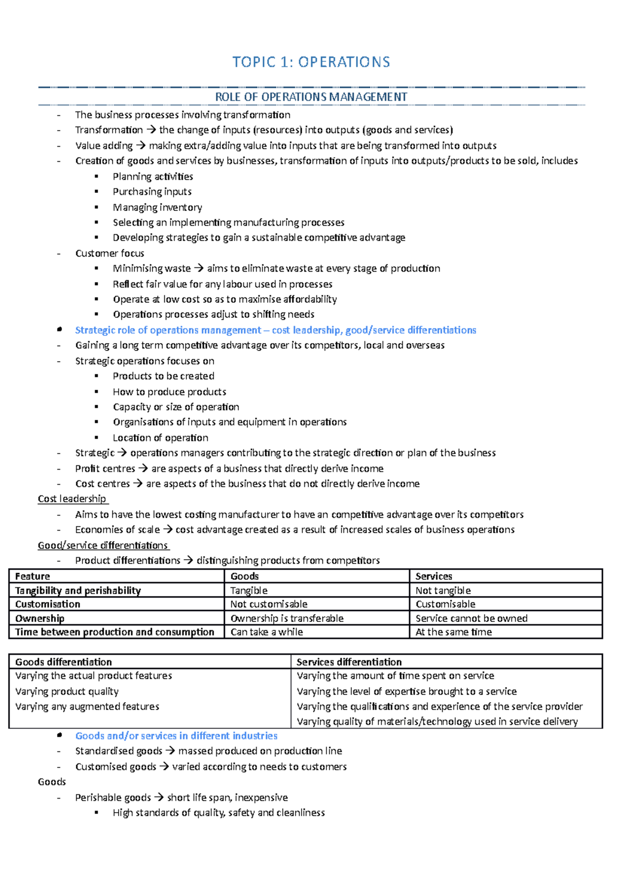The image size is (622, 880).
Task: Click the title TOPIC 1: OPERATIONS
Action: coord(311,62)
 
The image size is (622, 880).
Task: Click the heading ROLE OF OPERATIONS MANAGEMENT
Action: coord(311,97)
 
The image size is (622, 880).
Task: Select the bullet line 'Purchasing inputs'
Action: coord(152,192)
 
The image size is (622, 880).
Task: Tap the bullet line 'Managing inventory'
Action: coord(157,207)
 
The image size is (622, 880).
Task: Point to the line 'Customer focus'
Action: coord(109,253)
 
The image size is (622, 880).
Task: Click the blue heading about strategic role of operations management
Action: coord(275,330)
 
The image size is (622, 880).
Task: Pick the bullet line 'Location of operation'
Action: coord(160,438)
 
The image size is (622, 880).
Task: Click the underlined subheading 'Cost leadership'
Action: coord(72,499)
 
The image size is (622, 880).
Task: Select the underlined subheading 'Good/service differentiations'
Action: coord(103,545)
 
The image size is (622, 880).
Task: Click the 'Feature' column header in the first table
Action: coord(32,576)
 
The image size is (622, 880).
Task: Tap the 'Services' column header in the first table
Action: coord(433,576)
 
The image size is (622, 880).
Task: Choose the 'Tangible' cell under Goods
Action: coord(249,590)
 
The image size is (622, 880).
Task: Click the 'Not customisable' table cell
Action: coord(268,604)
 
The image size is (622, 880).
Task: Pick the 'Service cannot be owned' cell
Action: coord(471,618)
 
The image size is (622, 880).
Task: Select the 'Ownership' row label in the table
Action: coord(39,618)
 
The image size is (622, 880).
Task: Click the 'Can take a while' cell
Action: coord(266,632)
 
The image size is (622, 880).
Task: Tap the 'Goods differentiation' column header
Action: coord(63,662)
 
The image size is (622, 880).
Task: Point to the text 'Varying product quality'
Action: coord(67,691)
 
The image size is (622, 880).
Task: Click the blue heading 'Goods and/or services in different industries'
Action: coord(176,736)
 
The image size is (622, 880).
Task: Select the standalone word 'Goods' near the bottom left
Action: coord(52,782)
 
